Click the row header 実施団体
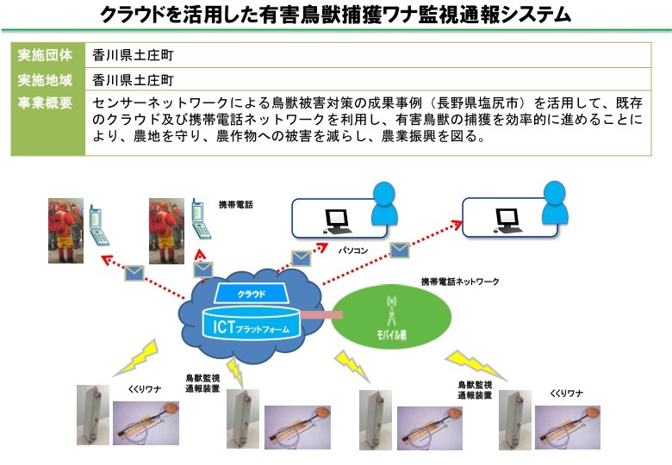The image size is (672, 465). point(45,55)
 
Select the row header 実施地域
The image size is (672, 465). point(45,80)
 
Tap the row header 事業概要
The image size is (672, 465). point(45,102)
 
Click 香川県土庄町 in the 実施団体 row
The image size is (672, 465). point(134,55)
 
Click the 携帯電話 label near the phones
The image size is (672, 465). point(236,205)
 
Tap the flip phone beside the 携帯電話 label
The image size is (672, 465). point(201,219)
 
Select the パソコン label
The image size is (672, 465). point(353,251)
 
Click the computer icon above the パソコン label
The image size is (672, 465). point(337,221)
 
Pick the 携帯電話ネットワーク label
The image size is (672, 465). point(460,282)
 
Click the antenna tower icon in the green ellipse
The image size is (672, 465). point(391,310)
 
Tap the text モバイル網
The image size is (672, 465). point(391,334)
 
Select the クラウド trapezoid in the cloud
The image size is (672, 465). point(252,294)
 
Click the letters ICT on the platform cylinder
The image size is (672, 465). point(224,327)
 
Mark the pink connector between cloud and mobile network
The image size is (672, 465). point(321,315)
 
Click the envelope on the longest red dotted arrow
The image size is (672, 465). point(400,250)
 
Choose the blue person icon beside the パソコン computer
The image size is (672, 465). point(384,203)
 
